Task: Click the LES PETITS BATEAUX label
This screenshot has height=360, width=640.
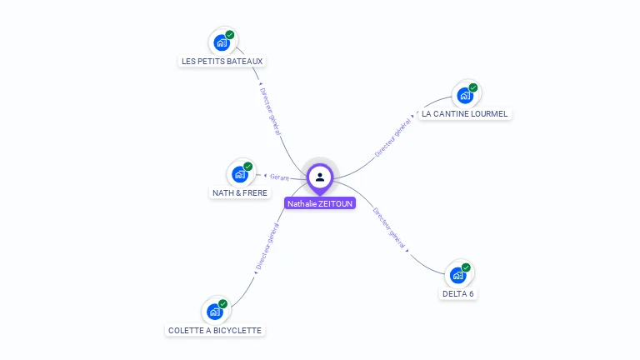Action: point(222,61)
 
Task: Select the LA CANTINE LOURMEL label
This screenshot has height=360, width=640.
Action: point(464,113)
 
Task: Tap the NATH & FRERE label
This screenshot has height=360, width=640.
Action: point(240,192)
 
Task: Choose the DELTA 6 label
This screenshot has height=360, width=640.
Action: point(458,293)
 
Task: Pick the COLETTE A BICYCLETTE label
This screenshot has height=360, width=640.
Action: point(215,330)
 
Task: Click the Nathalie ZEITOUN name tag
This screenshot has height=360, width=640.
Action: point(320,203)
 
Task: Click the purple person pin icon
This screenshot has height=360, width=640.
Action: point(320,177)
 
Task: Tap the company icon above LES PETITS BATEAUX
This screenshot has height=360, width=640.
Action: point(222,42)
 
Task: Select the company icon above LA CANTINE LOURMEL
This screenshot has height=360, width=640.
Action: point(465,95)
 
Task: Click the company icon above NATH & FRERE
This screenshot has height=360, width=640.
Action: point(240,173)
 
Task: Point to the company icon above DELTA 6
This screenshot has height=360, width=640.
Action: point(457,274)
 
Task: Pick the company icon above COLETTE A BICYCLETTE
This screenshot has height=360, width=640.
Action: point(215,312)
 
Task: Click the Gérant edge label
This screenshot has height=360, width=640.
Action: point(279,177)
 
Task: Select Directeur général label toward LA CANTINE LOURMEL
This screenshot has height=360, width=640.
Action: point(392,138)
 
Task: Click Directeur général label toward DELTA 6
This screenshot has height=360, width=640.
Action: point(389,227)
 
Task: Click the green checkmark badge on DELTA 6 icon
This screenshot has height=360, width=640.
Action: point(466,267)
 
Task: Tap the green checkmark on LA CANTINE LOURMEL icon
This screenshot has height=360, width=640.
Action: point(473,87)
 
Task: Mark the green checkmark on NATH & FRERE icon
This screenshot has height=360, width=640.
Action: point(247,167)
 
